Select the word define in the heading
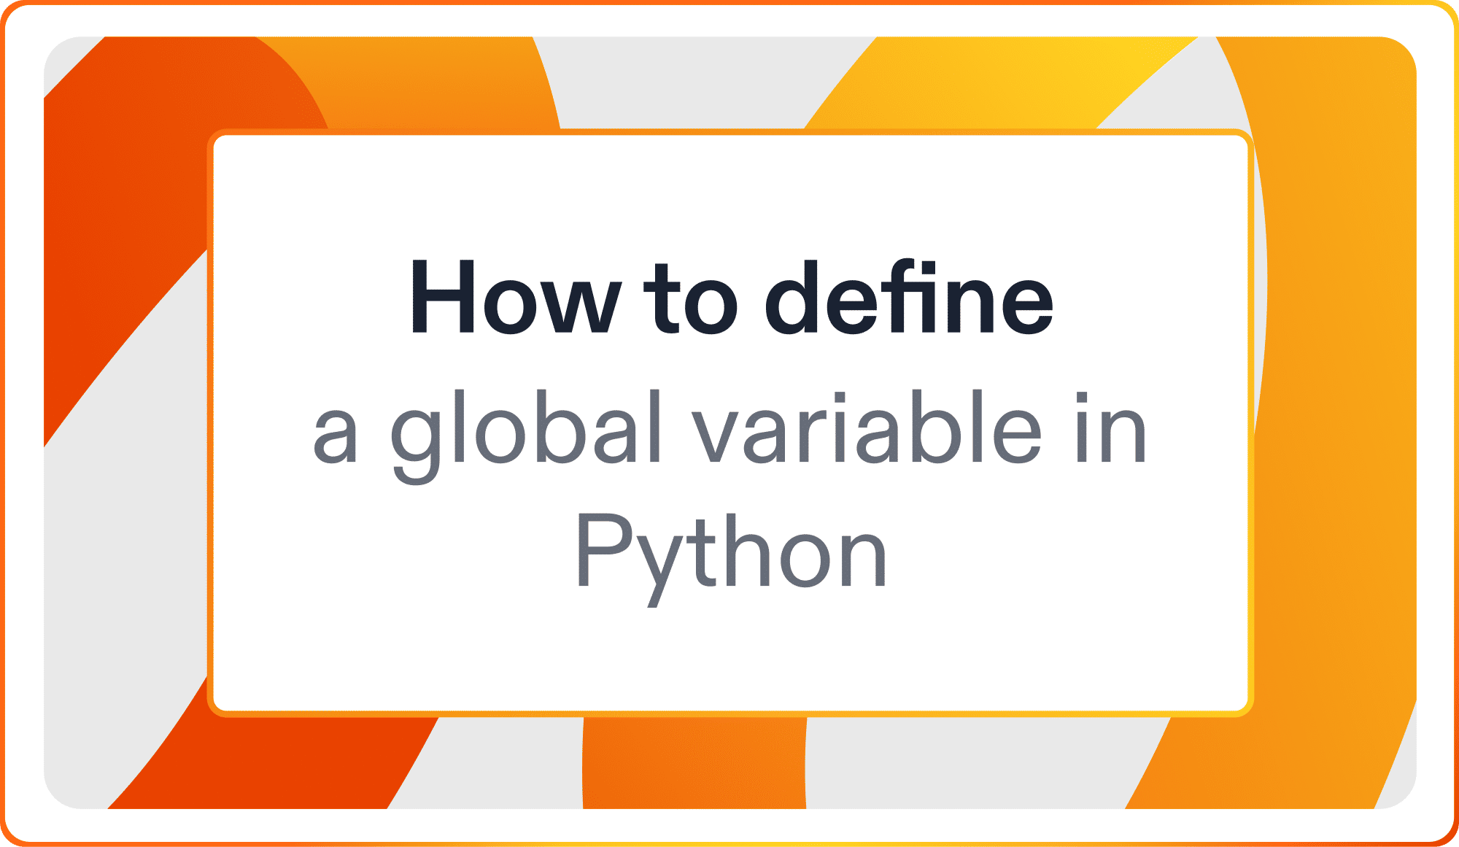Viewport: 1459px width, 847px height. click(x=908, y=297)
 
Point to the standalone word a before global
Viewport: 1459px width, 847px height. click(x=336, y=436)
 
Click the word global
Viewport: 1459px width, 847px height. click(x=525, y=430)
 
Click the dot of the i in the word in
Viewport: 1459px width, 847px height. click(x=1083, y=398)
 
